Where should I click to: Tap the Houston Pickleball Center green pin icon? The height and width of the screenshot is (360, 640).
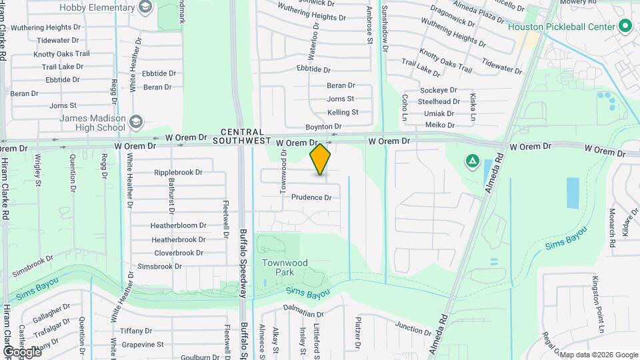(x=625, y=27)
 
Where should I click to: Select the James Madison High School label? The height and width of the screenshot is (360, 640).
(x=93, y=123)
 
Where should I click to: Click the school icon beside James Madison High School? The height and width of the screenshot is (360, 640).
(x=136, y=122)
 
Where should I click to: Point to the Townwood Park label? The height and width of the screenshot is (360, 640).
(x=285, y=268)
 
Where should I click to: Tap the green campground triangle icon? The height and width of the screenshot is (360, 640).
(x=472, y=160)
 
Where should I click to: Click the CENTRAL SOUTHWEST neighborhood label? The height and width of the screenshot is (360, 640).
(x=242, y=137)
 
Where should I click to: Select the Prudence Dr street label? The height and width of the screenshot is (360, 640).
(x=311, y=197)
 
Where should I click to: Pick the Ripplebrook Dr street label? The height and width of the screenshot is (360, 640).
(x=178, y=172)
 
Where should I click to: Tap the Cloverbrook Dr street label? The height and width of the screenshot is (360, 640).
(x=179, y=253)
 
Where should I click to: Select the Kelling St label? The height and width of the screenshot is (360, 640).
(x=343, y=112)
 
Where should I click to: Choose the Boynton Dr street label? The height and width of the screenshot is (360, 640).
(x=323, y=126)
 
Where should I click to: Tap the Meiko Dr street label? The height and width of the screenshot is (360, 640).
(x=439, y=125)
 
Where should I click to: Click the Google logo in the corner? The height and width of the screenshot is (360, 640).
(x=22, y=351)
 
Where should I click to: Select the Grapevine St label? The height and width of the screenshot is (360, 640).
(x=142, y=344)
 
